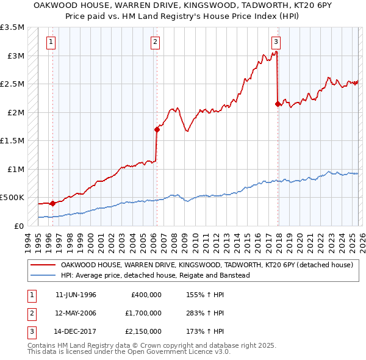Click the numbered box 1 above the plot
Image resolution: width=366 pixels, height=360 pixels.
(x=50, y=42)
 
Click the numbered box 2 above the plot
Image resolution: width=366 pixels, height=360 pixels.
(x=156, y=42)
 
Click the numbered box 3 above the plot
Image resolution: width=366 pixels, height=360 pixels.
(x=276, y=42)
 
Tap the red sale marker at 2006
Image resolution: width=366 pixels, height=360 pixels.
(x=157, y=129)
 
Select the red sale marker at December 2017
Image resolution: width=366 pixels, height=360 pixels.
(x=278, y=104)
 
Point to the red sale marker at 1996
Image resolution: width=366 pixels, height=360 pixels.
(x=52, y=203)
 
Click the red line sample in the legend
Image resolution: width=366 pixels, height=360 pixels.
(x=43, y=265)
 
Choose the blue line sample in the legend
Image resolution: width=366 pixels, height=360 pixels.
(x=43, y=275)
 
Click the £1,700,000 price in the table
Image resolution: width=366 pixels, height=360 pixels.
(x=146, y=313)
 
